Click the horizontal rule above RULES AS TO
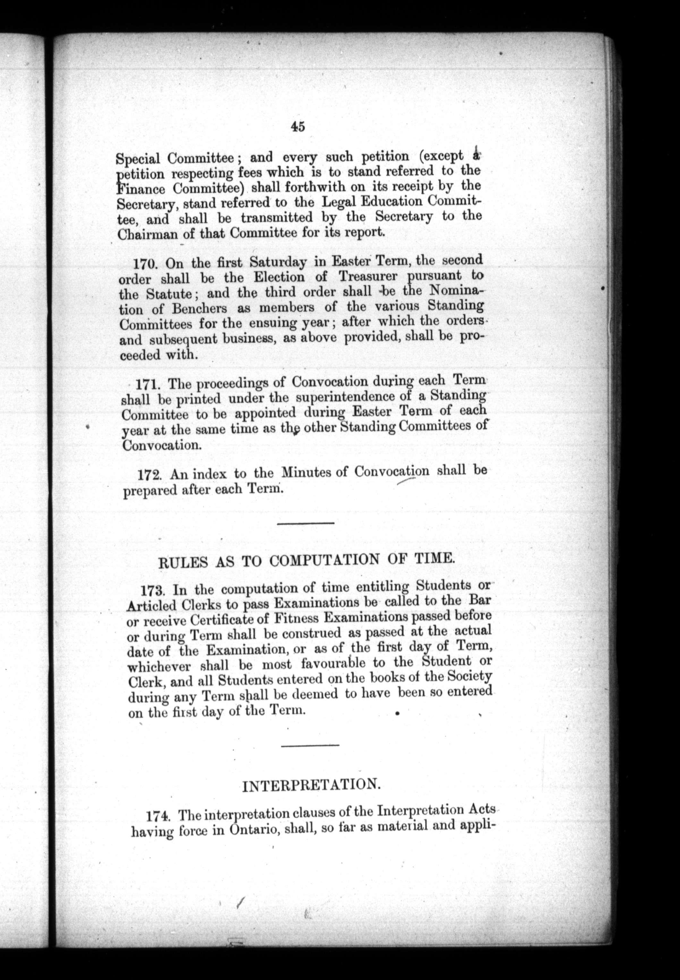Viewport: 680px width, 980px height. point(305,523)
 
